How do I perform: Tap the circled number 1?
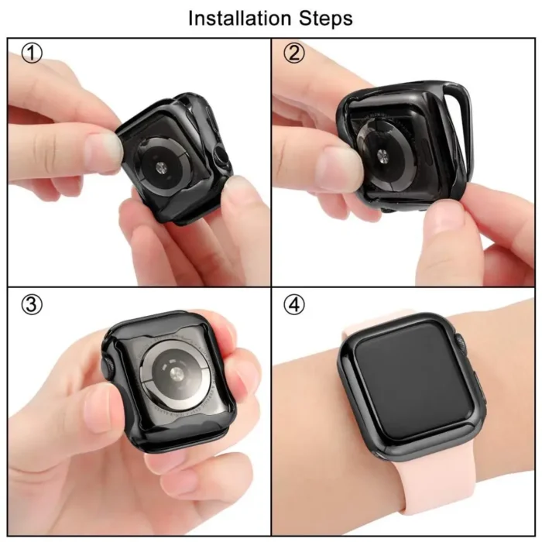tap(31, 54)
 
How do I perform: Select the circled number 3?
tap(31, 305)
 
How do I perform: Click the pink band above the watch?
tap(387, 319)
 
